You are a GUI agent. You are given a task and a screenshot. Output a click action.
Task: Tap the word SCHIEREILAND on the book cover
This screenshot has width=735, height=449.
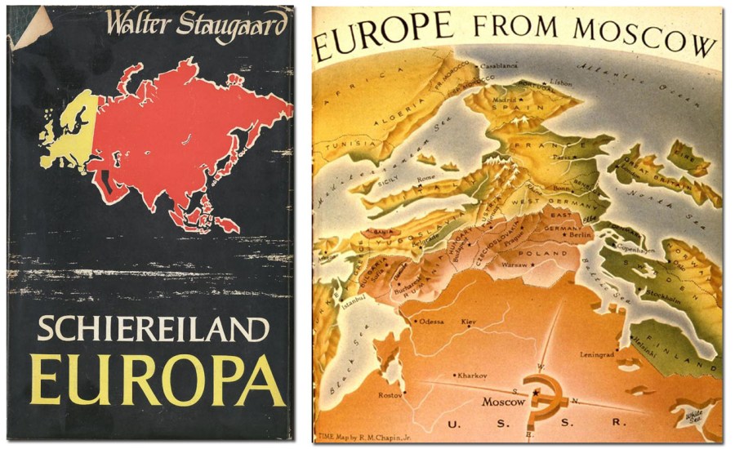pyautogui.click(x=154, y=331)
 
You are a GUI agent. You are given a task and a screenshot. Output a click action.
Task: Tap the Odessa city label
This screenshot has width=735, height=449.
pyautogui.click(x=431, y=322)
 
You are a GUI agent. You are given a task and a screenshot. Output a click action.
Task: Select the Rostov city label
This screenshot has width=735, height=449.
pyautogui.click(x=392, y=395)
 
